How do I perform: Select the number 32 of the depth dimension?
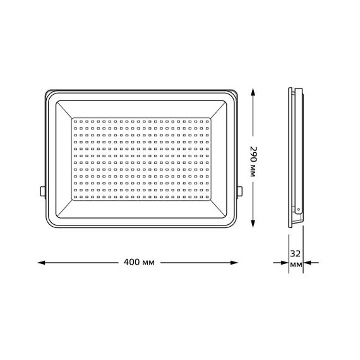pos(296,254)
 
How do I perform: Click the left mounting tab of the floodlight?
pos(43,189)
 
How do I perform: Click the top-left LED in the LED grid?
pos(76,119)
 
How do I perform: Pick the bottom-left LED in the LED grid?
pos(76,197)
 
